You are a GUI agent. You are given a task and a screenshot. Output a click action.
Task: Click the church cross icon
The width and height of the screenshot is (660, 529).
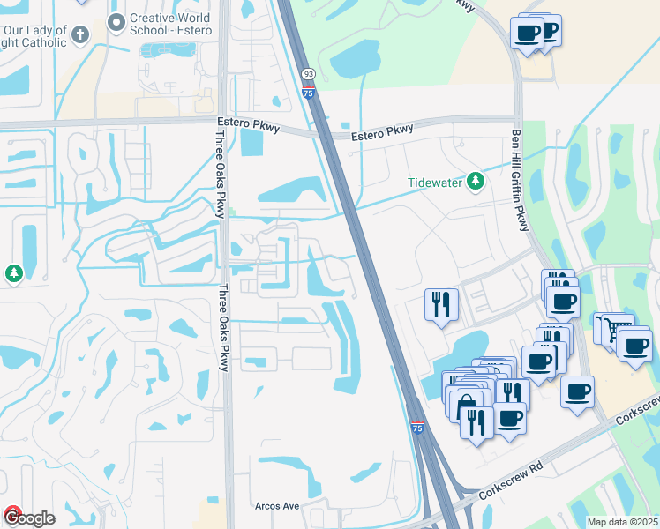click(x=80, y=35)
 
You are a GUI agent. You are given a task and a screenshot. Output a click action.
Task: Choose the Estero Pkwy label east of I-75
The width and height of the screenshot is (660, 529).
click(x=381, y=130)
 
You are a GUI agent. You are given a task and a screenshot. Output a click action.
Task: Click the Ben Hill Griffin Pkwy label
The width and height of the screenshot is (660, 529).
click(x=520, y=181)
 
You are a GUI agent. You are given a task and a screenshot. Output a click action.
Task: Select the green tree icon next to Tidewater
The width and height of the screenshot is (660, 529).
click(x=476, y=182)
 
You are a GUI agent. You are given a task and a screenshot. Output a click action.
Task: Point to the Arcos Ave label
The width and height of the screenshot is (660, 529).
click(x=278, y=507)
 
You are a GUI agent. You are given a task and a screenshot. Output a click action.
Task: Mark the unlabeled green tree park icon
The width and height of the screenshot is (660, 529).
click(x=14, y=273)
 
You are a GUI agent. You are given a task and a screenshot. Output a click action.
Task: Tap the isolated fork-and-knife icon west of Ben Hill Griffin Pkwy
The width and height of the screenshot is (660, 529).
click(x=439, y=304)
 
